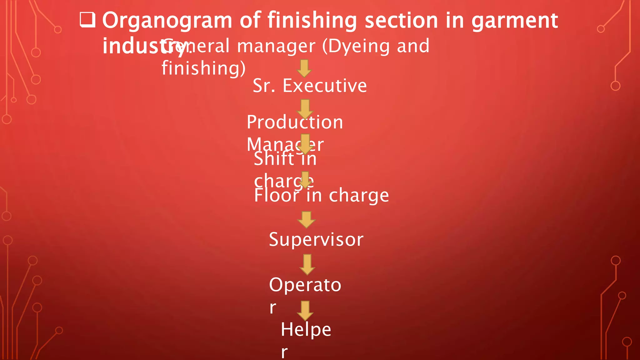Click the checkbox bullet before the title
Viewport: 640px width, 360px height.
pyautogui.click(x=87, y=20)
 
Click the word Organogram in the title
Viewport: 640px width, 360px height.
pyautogui.click(x=167, y=21)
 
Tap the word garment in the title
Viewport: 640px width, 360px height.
pyautogui.click(x=514, y=21)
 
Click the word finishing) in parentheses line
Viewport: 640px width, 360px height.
pyautogui.click(x=203, y=68)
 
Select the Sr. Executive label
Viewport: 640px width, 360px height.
pyautogui.click(x=310, y=86)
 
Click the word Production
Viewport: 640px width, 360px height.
pyautogui.click(x=295, y=122)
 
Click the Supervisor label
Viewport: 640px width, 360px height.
pyautogui.click(x=316, y=240)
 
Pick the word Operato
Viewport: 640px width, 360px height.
pyautogui.click(x=305, y=285)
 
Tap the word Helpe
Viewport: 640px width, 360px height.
pyautogui.click(x=306, y=330)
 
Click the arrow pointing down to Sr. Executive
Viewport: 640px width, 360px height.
pyautogui.click(x=304, y=68)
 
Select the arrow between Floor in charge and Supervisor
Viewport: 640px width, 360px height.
pyautogui.click(x=306, y=220)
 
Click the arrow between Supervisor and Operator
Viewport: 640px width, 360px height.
pyautogui.click(x=307, y=264)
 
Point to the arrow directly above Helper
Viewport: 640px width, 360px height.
pyautogui.click(x=305, y=311)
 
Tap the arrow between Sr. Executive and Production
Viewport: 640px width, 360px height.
pyautogui.click(x=305, y=109)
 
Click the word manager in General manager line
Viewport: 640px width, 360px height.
pyautogui.click(x=276, y=47)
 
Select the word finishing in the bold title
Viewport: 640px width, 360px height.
pyautogui.click(x=312, y=21)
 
